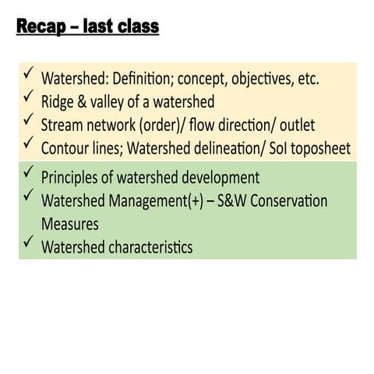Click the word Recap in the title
(x=41, y=26)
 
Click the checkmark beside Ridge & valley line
(x=28, y=95)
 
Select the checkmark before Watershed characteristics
(x=28, y=241)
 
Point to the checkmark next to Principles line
(x=28, y=171)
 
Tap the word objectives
(x=263, y=79)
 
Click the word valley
(x=108, y=102)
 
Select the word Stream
(x=62, y=125)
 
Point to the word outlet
(x=298, y=125)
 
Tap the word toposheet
(x=320, y=149)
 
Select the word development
(x=221, y=178)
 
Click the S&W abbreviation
(x=231, y=201)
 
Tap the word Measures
(x=70, y=224)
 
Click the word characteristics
(x=150, y=247)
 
